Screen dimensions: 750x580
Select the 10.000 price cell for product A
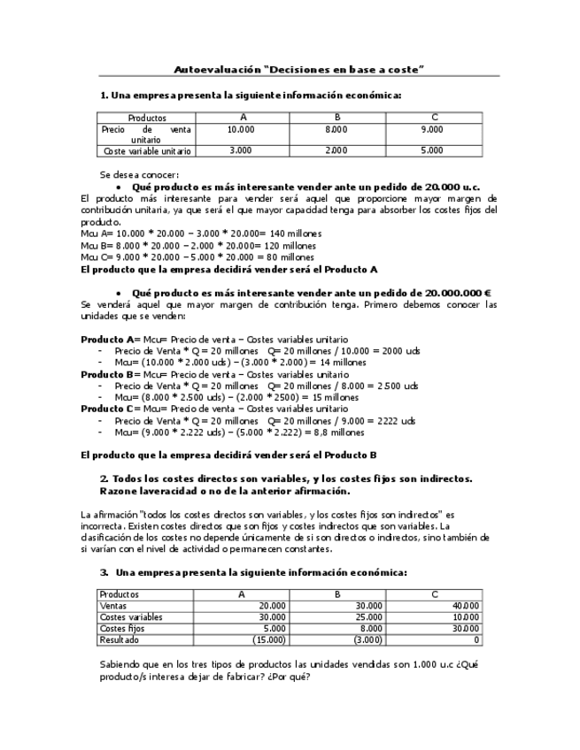[241, 129]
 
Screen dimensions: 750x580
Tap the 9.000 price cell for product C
[432, 129]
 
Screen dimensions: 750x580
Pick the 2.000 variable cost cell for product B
[336, 151]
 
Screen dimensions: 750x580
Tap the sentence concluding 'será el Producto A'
[229, 268]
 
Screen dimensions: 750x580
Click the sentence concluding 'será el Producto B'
[229, 455]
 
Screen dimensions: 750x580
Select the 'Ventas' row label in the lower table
[114, 606]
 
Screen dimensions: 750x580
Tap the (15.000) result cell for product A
[267, 639]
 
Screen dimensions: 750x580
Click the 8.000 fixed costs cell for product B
[367, 628]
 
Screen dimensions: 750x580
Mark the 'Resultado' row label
[120, 639]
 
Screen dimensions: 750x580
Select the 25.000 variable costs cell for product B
[366, 616]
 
